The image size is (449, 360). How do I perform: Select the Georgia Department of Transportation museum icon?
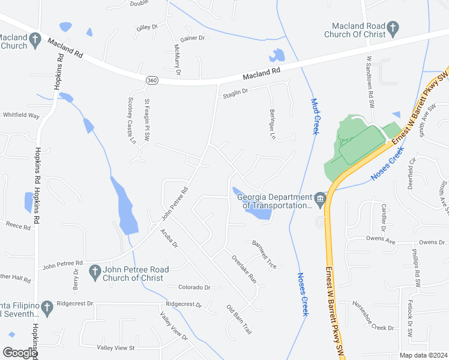319,199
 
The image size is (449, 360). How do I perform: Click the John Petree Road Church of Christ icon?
94,272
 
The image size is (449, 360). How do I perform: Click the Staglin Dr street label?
235,89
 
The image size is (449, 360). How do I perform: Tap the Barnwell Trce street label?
264,254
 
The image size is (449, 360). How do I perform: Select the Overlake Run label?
244,269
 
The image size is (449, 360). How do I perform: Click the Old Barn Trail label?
238,320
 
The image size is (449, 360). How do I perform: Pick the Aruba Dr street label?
169,237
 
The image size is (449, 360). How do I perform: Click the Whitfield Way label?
21,115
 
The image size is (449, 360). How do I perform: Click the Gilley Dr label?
146,27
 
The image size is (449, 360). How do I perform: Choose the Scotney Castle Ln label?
132,120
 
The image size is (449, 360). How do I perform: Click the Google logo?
20,352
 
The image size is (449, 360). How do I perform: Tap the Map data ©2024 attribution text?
423,355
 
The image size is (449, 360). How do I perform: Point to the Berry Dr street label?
76,280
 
